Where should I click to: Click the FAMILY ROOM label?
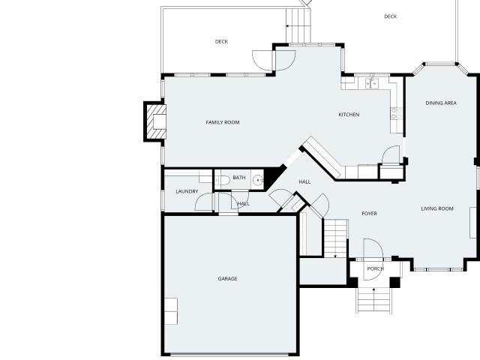click(223, 122)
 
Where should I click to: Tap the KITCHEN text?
click(349, 115)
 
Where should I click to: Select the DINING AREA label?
click(441, 103)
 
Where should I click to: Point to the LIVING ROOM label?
click(437, 208)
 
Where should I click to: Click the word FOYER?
click(370, 213)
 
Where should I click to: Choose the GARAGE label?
click(227, 278)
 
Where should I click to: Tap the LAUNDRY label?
click(187, 191)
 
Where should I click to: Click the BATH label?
click(239, 178)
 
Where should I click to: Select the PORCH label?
click(376, 268)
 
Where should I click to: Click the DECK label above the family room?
click(221, 42)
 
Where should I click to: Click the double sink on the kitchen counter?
click(372, 83)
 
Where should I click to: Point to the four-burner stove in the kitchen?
click(397, 113)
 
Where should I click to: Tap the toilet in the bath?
click(223, 181)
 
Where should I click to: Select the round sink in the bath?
click(258, 180)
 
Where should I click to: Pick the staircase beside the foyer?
click(335, 238)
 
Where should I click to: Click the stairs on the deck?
click(298, 25)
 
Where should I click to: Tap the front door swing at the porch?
click(373, 259)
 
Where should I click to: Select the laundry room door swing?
click(203, 202)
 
